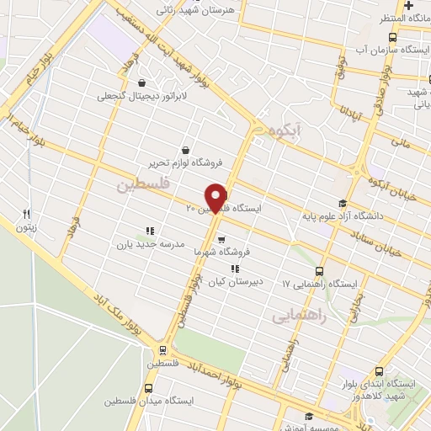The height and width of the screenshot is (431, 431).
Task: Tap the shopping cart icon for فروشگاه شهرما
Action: pos(221,239)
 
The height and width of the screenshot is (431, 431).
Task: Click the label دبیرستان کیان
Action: pos(233,282)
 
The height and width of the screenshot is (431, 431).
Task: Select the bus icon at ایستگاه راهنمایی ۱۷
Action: pos(319,271)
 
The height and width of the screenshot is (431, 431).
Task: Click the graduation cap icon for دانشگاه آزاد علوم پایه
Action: pos(342,203)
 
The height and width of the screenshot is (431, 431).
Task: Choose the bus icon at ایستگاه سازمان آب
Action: pos(393,38)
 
